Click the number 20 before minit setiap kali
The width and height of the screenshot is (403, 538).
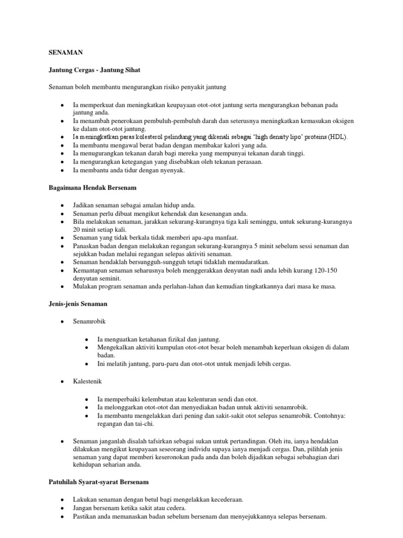click(x=77, y=230)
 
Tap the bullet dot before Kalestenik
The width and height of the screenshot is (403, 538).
click(x=63, y=381)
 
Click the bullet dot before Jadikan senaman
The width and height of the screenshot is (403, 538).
click(x=63, y=205)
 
